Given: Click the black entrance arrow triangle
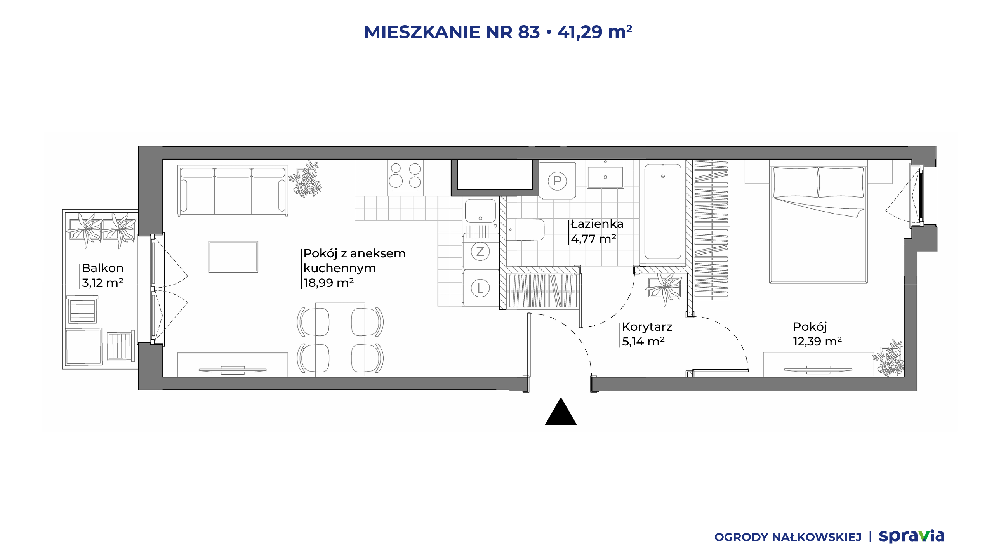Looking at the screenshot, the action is [x=561, y=412].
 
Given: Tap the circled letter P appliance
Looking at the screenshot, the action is [x=557, y=181].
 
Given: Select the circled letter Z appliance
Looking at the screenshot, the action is [x=480, y=252].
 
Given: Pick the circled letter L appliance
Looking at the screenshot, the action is [x=480, y=288].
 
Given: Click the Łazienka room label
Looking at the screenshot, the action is [x=597, y=224].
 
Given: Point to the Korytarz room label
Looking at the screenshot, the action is [x=647, y=327].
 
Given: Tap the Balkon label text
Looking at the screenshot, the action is [x=103, y=268].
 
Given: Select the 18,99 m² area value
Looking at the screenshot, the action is [x=328, y=283].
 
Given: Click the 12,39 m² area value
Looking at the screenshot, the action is [x=817, y=342].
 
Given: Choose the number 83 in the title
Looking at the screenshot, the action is [x=529, y=32].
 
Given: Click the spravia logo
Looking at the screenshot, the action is [x=911, y=536].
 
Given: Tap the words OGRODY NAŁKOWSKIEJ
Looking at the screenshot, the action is [x=788, y=537].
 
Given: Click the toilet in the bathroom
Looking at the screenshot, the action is [x=525, y=230].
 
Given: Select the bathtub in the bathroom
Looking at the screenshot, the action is [x=663, y=211].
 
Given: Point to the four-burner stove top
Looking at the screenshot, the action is [x=405, y=178].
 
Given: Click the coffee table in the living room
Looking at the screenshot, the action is [x=233, y=257].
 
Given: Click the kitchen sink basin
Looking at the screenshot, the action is [x=480, y=211].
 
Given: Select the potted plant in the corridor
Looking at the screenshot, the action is [x=664, y=288].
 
